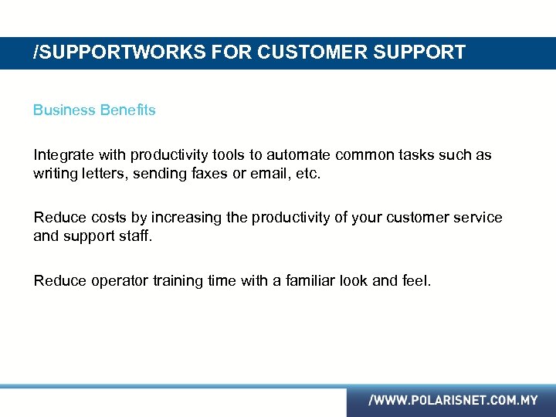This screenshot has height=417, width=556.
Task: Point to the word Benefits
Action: (127, 110)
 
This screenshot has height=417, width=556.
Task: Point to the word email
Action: (265, 174)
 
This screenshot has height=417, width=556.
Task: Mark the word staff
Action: (136, 236)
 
